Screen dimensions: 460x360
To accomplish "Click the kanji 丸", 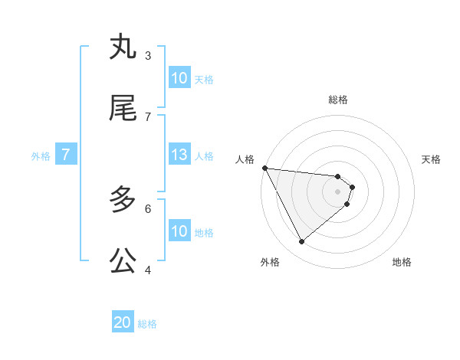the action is pyautogui.click(x=123, y=47).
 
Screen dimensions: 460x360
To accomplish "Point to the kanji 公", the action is pyautogui.click(x=123, y=261).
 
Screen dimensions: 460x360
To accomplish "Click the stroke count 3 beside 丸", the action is pyautogui.click(x=148, y=55).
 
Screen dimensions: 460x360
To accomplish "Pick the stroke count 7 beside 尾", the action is pyautogui.click(x=148, y=116).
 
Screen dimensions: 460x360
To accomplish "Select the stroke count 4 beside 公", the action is pyautogui.click(x=148, y=270).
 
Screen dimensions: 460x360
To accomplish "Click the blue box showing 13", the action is pyautogui.click(x=179, y=155).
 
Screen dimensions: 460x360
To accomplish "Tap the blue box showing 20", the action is pyautogui.click(x=123, y=323).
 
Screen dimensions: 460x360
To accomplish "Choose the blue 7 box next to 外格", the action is pyautogui.click(x=66, y=155).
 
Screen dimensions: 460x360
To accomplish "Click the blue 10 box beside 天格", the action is pyautogui.click(x=179, y=78).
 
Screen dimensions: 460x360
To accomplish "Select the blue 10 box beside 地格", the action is pyautogui.click(x=179, y=231).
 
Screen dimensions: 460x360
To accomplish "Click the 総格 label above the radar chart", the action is pyautogui.click(x=337, y=100).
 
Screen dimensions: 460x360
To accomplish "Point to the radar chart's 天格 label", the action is pyautogui.click(x=432, y=159).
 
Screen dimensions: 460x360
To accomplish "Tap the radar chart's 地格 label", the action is pyautogui.click(x=402, y=263).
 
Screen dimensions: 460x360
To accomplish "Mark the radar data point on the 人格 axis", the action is pyautogui.click(x=264, y=168).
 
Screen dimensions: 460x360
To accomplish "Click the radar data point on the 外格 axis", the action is pyautogui.click(x=301, y=242).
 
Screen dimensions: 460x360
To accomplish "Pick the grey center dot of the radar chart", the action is pyautogui.click(x=337, y=191).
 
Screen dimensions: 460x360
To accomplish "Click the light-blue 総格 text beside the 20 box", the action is pyautogui.click(x=147, y=324).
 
